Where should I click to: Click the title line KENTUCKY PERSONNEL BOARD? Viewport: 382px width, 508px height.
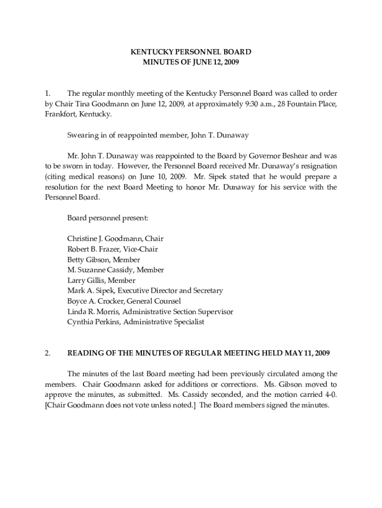pyautogui.click(x=191, y=52)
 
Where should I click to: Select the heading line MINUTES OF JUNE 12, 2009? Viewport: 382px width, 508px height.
pyautogui.click(x=191, y=62)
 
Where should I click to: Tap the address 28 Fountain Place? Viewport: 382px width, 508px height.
pyautogui.click(x=308, y=104)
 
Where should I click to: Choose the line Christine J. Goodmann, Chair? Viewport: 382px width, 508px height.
pyautogui.click(x=115, y=239)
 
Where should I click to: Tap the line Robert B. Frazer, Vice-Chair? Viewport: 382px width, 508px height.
pyautogui.click(x=113, y=249)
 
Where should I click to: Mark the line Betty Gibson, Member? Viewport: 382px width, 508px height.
pyautogui.click(x=104, y=259)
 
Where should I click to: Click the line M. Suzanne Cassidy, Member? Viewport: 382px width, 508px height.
pyautogui.click(x=116, y=270)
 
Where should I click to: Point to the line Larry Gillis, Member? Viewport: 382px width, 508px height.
pyautogui.click(x=101, y=280)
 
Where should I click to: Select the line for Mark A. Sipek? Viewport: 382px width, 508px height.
pyautogui.click(x=145, y=291)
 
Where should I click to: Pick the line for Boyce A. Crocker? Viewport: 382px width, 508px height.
pyautogui.click(x=124, y=301)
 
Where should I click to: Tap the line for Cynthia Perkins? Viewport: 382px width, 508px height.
pyautogui.click(x=135, y=322)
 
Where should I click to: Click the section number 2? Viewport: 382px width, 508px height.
pyautogui.click(x=47, y=353)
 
